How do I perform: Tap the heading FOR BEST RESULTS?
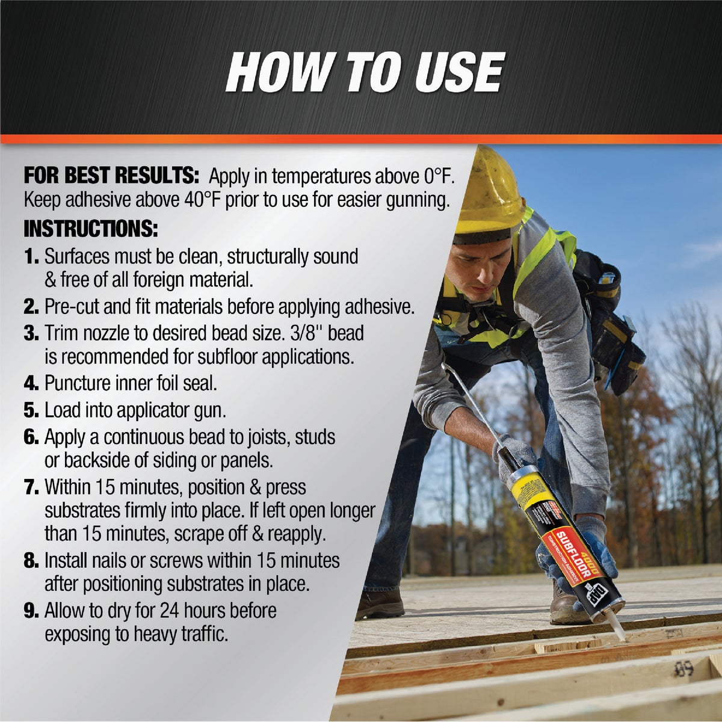tap(111, 176)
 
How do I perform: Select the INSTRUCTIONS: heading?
tap(91, 229)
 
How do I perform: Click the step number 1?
tap(31, 257)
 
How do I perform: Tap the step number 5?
tap(31, 411)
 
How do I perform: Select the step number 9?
tap(31, 611)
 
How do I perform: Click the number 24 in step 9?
tap(169, 611)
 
